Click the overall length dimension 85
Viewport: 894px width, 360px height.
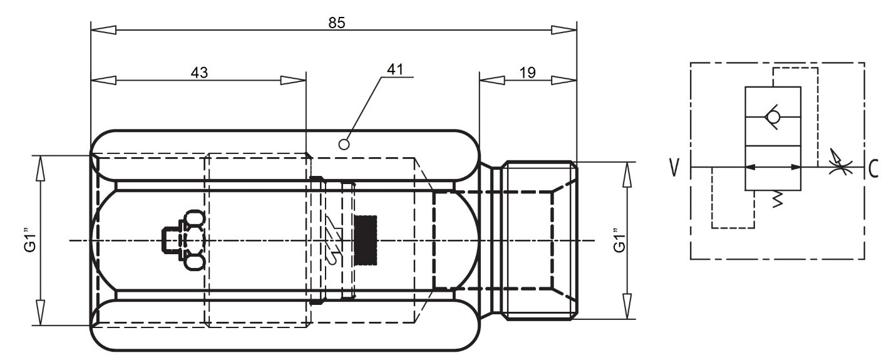tap(336, 23)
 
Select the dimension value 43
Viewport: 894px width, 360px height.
tap(199, 73)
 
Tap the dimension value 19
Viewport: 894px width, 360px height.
tap(527, 73)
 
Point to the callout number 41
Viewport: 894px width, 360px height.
tap(395, 69)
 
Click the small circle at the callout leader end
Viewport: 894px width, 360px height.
tap(344, 145)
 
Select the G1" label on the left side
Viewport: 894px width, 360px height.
tap(30, 240)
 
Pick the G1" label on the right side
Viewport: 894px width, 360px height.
tap(619, 240)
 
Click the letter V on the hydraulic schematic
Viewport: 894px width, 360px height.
tap(674, 168)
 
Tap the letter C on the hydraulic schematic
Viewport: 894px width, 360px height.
tap(873, 168)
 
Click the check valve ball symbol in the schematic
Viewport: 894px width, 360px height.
tap(773, 117)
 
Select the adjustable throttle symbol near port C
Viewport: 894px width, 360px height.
tap(840, 163)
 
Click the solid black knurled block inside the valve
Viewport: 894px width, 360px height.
tap(365, 240)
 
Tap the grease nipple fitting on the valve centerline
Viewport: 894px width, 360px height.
tap(183, 240)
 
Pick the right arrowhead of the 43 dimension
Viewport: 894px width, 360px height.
tap(294, 81)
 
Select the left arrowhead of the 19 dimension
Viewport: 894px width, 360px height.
tap(492, 81)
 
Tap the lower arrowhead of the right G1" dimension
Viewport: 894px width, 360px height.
tap(628, 306)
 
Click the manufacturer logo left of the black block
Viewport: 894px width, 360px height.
tap(334, 240)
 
